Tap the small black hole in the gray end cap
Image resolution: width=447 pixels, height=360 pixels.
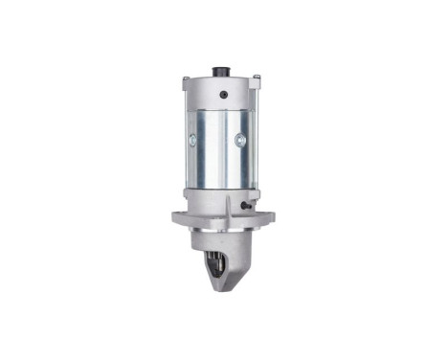222,95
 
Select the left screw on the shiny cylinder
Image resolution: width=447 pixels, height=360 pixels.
192,140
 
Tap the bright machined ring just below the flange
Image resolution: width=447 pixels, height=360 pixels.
222,232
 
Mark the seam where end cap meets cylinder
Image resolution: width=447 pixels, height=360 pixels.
220,107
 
